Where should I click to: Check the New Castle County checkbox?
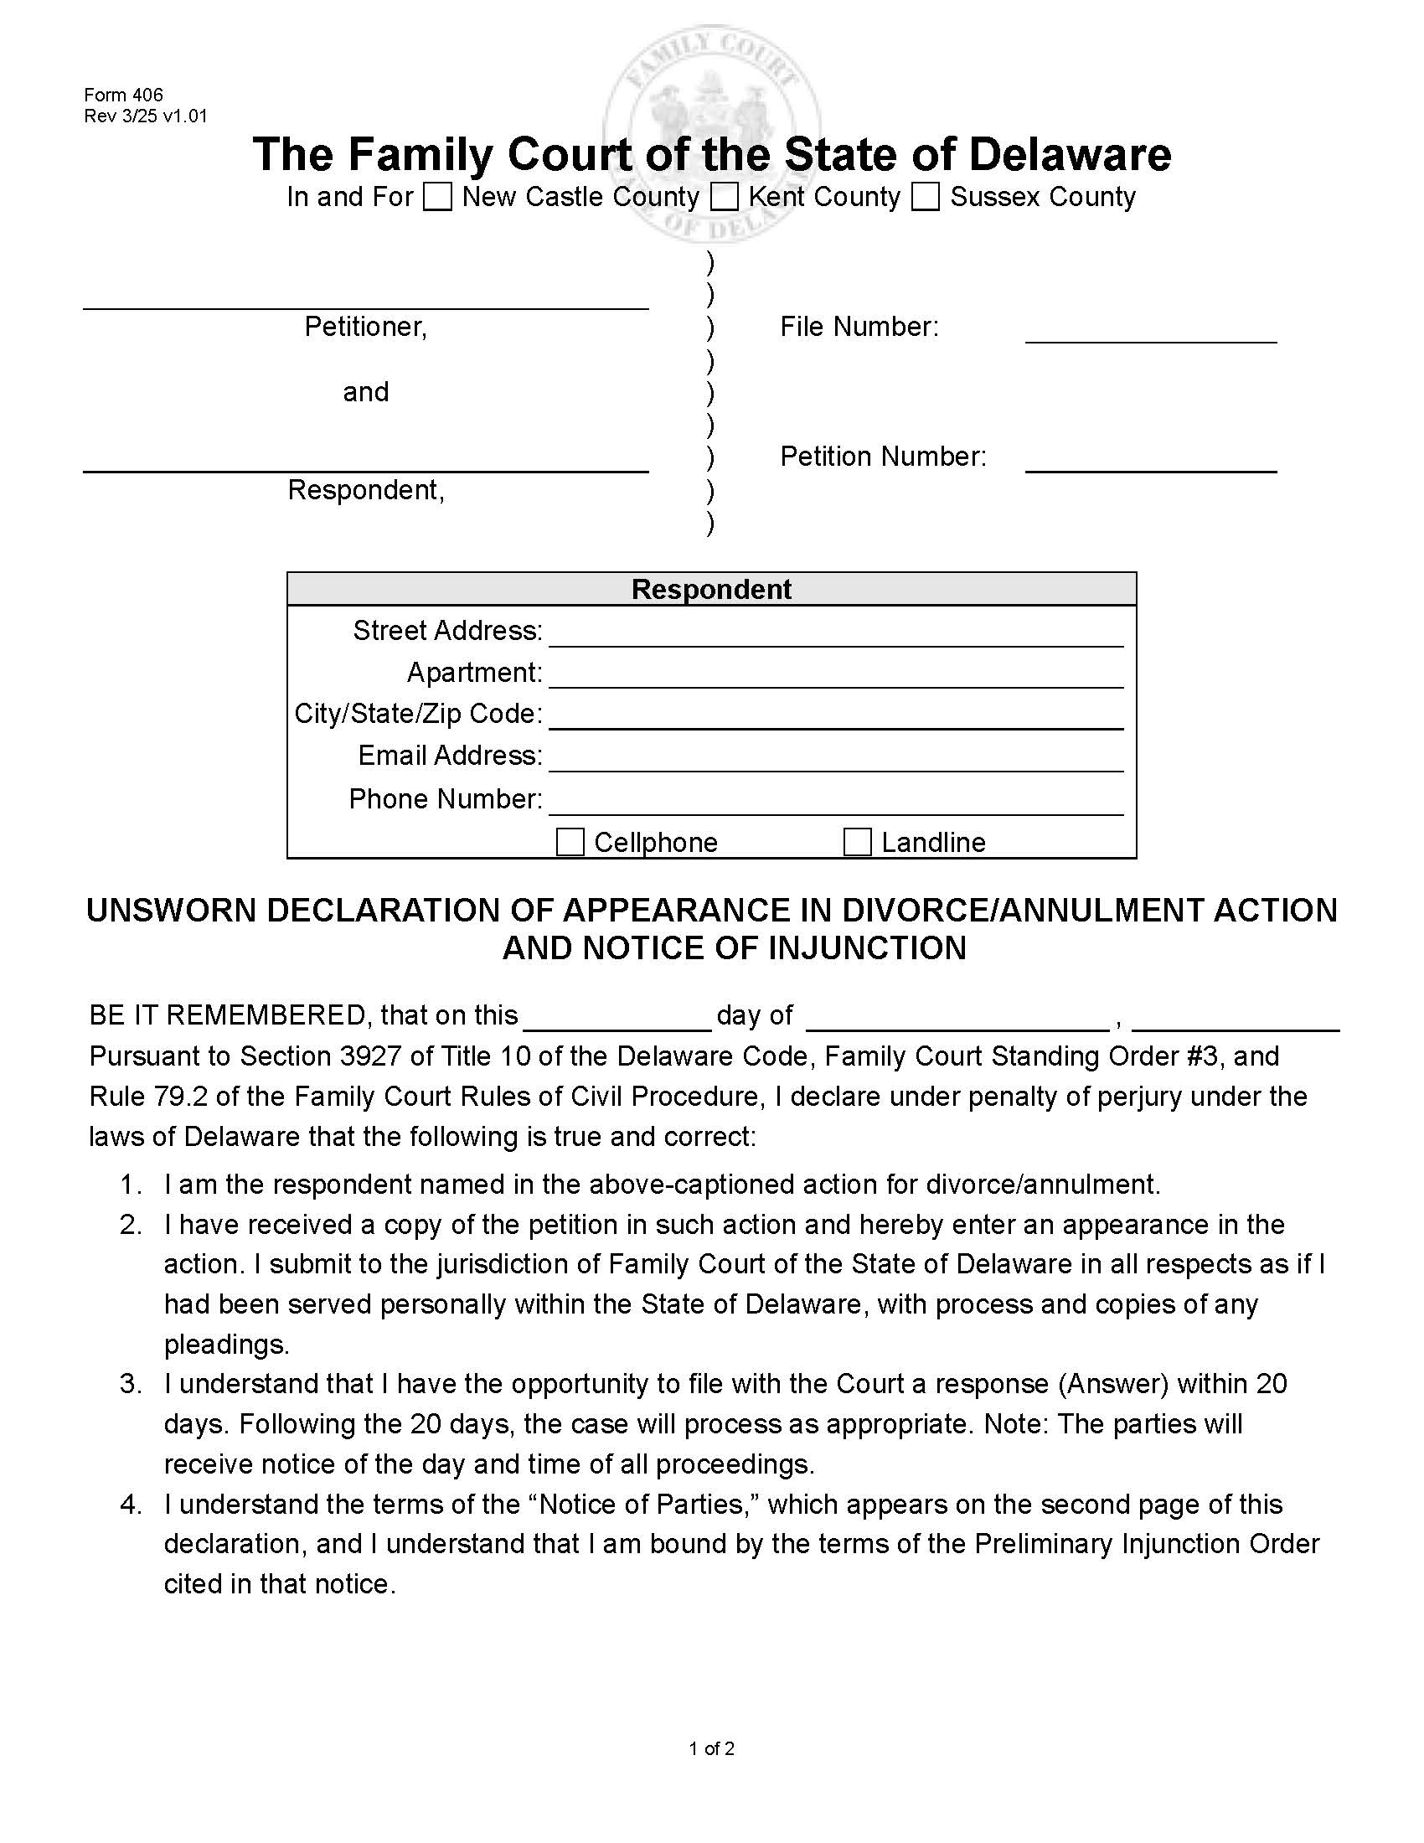click(x=437, y=197)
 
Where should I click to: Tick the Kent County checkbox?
click(x=724, y=197)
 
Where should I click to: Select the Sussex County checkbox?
click(x=926, y=197)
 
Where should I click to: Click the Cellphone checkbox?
click(x=570, y=841)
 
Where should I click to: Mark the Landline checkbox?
click(x=857, y=841)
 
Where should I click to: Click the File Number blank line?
click(x=1150, y=332)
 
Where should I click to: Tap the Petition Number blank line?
click(x=1150, y=462)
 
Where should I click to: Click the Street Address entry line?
click(x=835, y=635)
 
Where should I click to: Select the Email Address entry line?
click(x=835, y=760)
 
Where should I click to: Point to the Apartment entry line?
click(x=835, y=676)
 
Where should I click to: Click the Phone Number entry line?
click(x=835, y=803)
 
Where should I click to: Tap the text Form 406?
click(x=123, y=95)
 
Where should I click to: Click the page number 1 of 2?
click(x=711, y=1748)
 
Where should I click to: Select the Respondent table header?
click(x=711, y=589)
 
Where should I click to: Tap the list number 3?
click(x=131, y=1383)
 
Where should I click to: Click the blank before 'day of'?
click(x=617, y=1020)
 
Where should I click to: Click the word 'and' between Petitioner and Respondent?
click(x=365, y=391)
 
